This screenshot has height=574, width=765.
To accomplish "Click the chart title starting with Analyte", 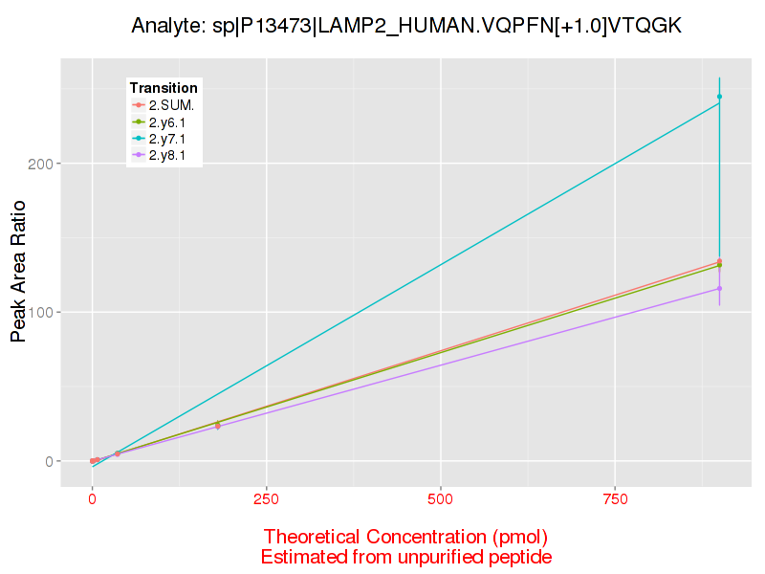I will [x=406, y=26].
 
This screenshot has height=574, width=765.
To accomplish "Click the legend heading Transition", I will [x=164, y=88].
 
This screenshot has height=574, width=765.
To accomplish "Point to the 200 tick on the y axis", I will [x=42, y=164].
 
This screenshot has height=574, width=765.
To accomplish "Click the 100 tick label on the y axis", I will [x=42, y=313].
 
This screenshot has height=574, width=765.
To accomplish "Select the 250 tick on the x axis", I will [x=266, y=498].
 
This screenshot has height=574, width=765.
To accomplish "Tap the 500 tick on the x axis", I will [x=440, y=498].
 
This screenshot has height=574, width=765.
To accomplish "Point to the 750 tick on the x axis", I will [x=614, y=498].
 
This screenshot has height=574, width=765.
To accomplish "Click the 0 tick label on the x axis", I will [x=92, y=498].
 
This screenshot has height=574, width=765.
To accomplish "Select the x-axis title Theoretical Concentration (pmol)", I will [x=405, y=536].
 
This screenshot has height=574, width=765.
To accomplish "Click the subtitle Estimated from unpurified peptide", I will [x=405, y=557].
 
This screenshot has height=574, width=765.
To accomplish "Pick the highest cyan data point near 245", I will [x=719, y=97].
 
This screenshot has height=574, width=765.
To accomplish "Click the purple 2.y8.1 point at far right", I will [x=719, y=288].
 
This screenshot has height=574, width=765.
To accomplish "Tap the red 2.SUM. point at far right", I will [x=719, y=261].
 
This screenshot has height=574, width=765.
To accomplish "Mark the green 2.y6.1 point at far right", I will [x=719, y=266].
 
